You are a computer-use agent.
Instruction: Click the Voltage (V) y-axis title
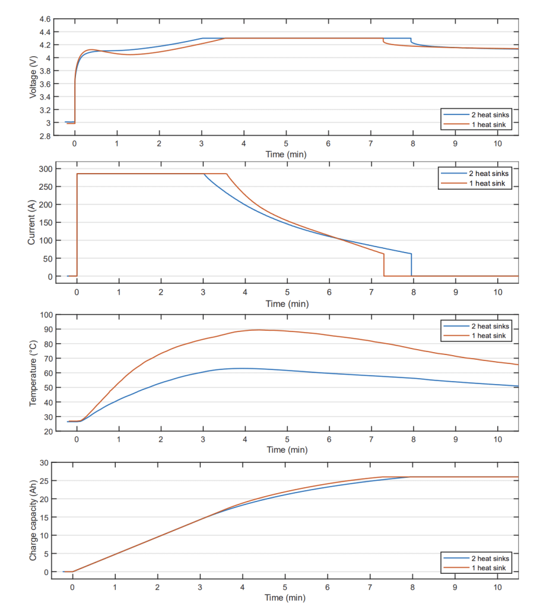click(33, 77)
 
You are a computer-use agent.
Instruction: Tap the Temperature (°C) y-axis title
click(33, 373)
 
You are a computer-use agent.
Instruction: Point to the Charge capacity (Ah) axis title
click(33, 519)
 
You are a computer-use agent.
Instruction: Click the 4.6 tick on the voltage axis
click(45, 19)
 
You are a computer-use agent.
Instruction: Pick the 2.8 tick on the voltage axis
click(45, 136)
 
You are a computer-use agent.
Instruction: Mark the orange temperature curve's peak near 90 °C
click(258, 330)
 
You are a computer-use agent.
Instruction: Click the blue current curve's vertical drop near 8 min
click(411, 265)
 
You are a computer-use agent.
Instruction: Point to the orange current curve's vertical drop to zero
click(384, 265)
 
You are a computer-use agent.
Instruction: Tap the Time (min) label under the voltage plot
click(285, 154)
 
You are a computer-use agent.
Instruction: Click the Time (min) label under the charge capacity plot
click(285, 598)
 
